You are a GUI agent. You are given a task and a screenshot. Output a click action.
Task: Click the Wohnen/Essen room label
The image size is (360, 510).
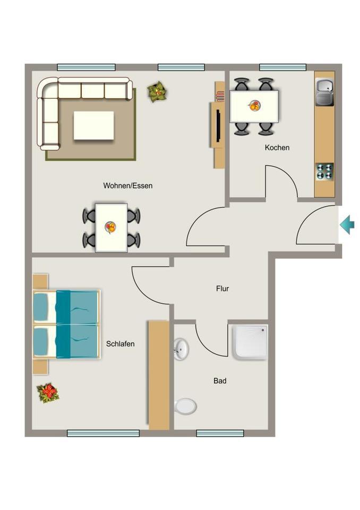tap(128, 186)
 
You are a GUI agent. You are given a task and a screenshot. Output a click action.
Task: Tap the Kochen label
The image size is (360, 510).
tap(277, 148)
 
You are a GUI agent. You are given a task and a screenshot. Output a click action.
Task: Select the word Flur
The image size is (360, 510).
tap(222, 289)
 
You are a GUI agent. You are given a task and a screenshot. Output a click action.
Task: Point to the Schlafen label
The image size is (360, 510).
tap(120, 344)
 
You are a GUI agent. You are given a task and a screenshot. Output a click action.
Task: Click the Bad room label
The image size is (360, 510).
tap(220, 381)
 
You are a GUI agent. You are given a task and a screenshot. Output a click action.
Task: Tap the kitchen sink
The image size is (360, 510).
tap(324, 91)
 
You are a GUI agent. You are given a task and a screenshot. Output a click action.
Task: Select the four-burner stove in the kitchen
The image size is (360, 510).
tap(324, 171)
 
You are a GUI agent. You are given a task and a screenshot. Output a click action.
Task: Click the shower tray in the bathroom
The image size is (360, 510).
tap(250, 342)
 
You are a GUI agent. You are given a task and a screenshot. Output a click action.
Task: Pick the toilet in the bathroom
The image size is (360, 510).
tap(185, 406)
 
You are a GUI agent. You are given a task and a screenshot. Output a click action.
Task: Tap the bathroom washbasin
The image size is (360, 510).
tap(181, 348)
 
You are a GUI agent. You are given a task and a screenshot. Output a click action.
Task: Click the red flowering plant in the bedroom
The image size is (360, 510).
tap(48, 393)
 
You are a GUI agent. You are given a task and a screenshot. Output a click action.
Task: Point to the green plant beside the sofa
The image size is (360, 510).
tap(157, 92)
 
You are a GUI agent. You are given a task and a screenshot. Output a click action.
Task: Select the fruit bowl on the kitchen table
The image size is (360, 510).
tap(254, 106)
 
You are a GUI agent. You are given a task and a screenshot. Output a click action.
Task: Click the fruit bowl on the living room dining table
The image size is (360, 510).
tap(111, 227)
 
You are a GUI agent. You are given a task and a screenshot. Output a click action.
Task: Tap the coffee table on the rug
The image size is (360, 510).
tap(93, 125)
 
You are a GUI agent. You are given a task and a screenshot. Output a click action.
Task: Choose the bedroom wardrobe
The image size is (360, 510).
tap(158, 375)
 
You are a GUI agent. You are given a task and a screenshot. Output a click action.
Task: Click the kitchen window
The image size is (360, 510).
tap(282, 67)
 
